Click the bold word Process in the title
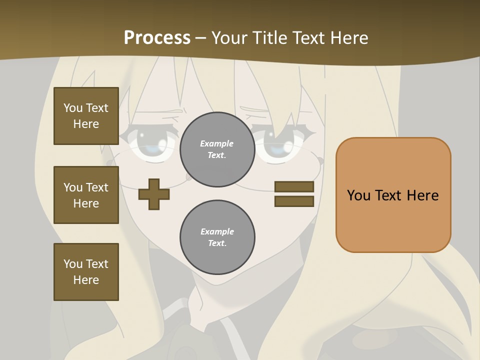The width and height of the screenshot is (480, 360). tap(157, 37)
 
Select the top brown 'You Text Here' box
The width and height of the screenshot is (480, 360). tap(86, 116)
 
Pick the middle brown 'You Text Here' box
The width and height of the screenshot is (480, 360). tap(86, 195)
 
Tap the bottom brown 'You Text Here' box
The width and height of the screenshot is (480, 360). tap(86, 272)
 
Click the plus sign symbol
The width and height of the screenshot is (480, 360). tap(153, 194)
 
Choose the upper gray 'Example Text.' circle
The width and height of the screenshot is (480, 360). tap(217, 149)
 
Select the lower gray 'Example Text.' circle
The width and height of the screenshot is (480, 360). tap(217, 237)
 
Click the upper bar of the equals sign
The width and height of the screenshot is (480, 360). tap(294, 187)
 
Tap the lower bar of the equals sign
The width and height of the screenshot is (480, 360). tap(294, 201)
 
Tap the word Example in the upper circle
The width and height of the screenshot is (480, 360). tap(217, 143)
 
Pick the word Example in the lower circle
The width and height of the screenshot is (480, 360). tap(217, 231)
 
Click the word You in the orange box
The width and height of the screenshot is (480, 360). tap(358, 195)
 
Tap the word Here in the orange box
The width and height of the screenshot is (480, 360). tap(422, 195)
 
